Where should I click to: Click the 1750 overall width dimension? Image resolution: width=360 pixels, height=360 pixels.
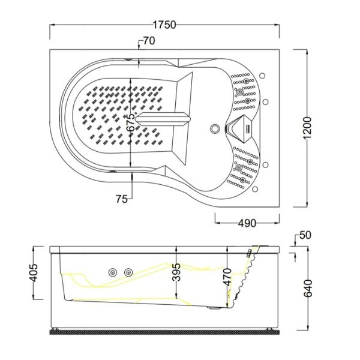pos(164,25)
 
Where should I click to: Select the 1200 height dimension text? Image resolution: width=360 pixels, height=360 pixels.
pos(307,128)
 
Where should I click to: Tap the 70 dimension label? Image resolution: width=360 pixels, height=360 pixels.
pos(149,41)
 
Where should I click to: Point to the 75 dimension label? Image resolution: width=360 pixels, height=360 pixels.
pos(121,199)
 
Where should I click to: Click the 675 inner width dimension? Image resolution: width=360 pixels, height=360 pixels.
pos(132,122)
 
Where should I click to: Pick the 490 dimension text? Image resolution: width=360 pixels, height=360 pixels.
pos(247,223)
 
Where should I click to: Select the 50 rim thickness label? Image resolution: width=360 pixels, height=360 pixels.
pos(305,235)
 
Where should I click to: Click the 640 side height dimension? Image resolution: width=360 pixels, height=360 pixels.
pos(308,289)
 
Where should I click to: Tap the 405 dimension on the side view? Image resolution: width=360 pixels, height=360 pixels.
pos(34,272)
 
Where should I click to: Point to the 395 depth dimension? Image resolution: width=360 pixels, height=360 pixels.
pos(176,272)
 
